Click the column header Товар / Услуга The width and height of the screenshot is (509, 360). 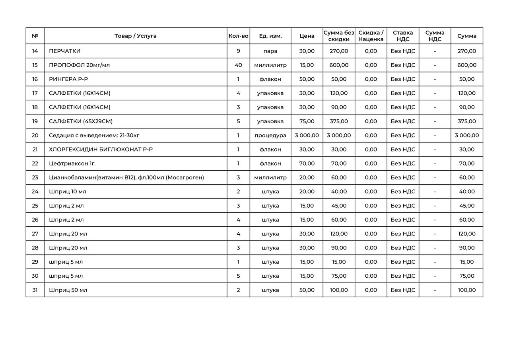[135, 36]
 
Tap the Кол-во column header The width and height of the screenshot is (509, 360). [238, 36]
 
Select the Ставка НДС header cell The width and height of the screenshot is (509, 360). [403, 36]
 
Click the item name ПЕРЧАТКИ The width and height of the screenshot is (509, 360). [65, 51]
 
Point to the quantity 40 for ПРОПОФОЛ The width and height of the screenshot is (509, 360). [238, 65]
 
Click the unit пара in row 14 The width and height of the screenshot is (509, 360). [270, 51]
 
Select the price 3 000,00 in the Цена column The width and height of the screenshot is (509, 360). [307, 136]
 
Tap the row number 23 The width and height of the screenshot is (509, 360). [35, 178]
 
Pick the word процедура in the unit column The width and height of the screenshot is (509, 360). [270, 136]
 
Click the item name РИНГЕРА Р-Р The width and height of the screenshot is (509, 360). [68, 79]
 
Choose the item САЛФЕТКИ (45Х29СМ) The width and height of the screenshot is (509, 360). [84, 121]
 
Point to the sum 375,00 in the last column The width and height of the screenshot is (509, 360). [467, 121]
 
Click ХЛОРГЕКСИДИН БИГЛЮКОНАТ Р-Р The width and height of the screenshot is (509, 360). [101, 150]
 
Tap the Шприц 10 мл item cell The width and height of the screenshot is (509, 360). [68, 192]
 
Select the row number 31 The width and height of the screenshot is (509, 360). [35, 290]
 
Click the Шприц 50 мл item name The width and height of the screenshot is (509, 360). [68, 290]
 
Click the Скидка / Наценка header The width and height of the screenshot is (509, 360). [371, 36]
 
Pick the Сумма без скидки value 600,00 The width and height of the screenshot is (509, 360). [339, 65]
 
